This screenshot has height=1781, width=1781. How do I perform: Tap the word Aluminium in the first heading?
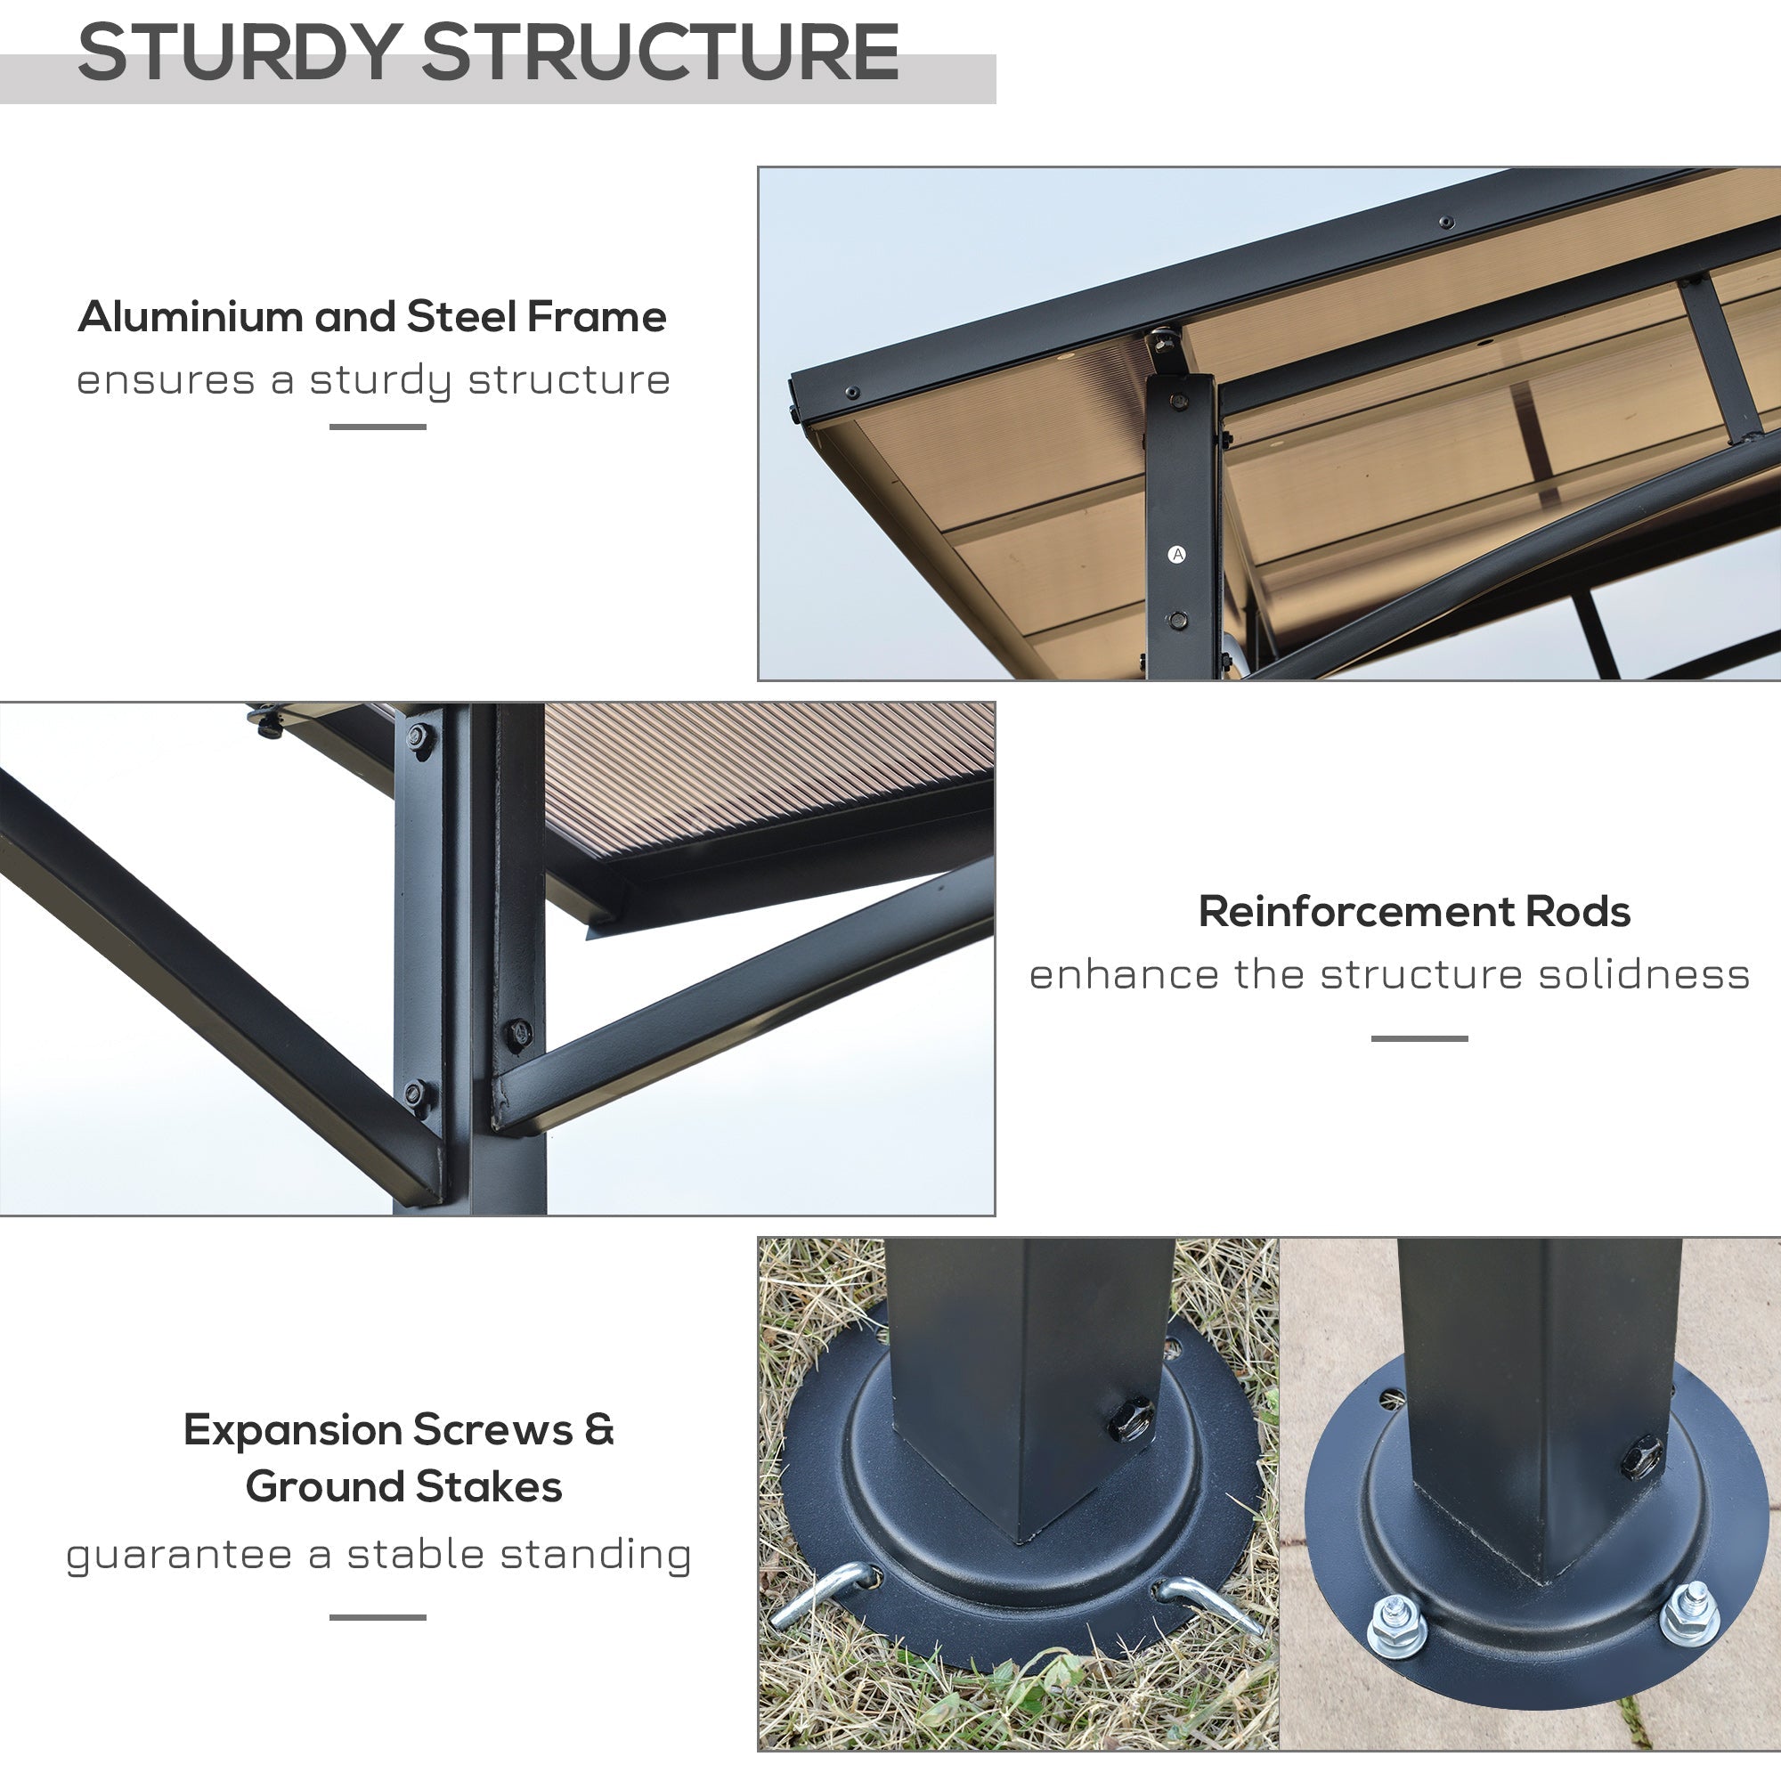(190, 317)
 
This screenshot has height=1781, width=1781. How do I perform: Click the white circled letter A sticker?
(1176, 554)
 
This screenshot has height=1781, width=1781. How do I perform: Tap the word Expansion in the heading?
(292, 1430)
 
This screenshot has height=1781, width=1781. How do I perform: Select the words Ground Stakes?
(403, 1487)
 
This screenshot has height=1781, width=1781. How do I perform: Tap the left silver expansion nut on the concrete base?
(1395, 1625)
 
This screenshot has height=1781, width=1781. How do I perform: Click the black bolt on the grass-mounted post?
(1130, 1419)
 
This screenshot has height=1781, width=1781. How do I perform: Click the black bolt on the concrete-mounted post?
(1642, 1458)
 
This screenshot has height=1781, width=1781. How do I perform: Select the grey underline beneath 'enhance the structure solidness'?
(1419, 1039)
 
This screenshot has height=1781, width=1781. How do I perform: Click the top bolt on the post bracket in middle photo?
(419, 737)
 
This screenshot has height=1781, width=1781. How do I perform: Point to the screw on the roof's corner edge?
(850, 393)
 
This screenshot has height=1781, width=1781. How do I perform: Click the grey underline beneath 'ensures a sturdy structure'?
(378, 427)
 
